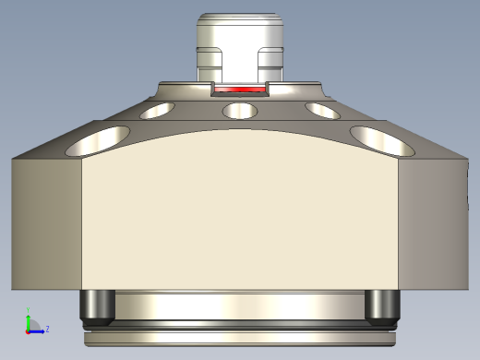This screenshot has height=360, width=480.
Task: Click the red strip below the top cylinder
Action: point(240,90)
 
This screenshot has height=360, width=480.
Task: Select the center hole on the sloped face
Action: point(240,111)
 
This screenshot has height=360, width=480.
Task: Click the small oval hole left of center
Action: point(157,111)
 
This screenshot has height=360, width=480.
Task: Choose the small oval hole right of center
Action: point(323,111)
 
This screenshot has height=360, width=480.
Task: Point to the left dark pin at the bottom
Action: point(97,306)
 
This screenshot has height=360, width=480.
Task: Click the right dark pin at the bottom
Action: point(382,306)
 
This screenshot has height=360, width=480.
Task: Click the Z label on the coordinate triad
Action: point(47,328)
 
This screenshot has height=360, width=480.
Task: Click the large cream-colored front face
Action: point(240,222)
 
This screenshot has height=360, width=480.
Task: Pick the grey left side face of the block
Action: point(46,222)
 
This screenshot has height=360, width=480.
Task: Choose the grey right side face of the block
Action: point(434,222)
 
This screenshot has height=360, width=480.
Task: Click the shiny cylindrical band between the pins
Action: point(240,305)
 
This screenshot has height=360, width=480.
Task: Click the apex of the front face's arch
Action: point(240,130)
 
